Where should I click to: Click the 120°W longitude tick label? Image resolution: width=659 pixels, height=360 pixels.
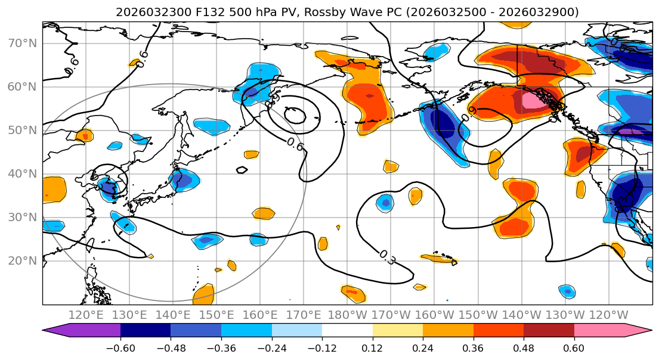coord(608,315)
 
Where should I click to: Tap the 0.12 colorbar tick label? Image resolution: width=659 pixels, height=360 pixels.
coord(372,347)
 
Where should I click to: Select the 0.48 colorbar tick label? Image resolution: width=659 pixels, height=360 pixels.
coord(524,347)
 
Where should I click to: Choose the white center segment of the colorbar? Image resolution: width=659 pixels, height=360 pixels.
coord(347,331)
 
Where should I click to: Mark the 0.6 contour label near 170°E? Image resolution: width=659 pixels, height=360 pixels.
coord(295,144)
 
